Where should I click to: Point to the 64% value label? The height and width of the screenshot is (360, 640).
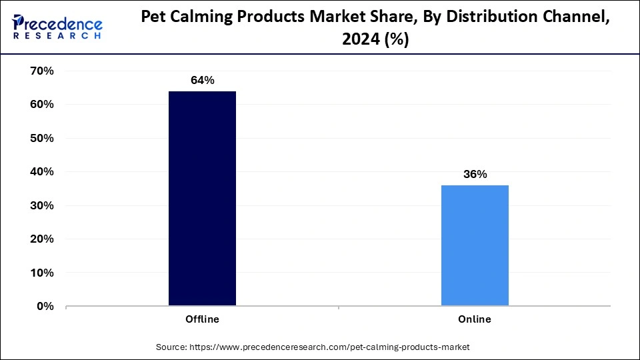click(x=202, y=81)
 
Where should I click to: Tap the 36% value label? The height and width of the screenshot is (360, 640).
click(x=475, y=175)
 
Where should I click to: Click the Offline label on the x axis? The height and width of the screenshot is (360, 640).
click(x=202, y=319)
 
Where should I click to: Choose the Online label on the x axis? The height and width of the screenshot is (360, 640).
click(x=475, y=319)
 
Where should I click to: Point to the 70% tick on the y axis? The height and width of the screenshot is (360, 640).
click(x=41, y=71)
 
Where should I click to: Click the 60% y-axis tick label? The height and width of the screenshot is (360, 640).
click(x=41, y=105)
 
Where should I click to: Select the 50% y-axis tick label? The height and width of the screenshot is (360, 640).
click(x=41, y=138)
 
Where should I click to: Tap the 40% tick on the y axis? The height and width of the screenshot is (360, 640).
click(x=41, y=172)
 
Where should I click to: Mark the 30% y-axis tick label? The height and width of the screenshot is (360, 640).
click(x=41, y=205)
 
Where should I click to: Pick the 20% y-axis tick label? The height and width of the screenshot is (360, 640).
click(x=41, y=239)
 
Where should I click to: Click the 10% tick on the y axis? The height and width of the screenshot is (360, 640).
click(x=41, y=273)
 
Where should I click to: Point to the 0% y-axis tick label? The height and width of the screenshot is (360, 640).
click(x=45, y=306)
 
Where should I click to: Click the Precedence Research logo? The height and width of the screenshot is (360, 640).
click(x=57, y=27)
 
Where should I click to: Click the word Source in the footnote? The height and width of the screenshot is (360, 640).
click(x=171, y=347)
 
